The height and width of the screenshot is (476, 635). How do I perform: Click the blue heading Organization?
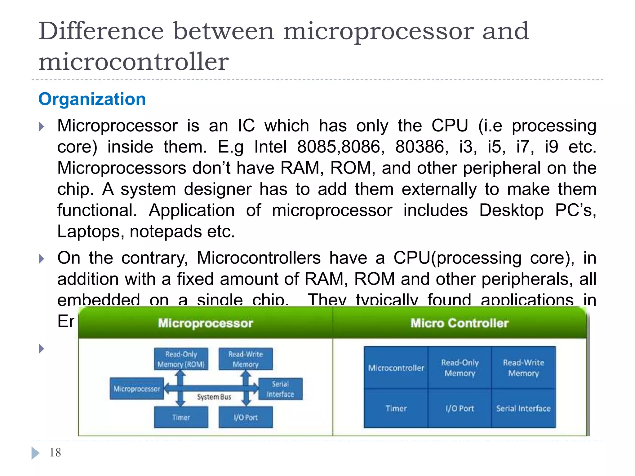point(92,99)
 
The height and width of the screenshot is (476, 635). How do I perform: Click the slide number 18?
point(55,453)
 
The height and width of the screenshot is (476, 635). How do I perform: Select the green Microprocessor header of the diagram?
point(205,323)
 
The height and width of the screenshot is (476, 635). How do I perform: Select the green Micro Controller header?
point(459,323)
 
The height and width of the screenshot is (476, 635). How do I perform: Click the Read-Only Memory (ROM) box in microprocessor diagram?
point(181,359)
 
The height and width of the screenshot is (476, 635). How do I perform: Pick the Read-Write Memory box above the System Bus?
point(246,359)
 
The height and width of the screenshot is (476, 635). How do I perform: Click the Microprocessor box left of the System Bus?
point(136,389)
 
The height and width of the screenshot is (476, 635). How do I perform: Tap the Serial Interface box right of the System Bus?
point(280,389)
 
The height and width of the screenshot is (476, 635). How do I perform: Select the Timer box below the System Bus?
point(181,417)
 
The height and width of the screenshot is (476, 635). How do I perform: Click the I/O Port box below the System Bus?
point(246,417)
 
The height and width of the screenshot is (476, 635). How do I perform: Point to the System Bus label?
point(214,397)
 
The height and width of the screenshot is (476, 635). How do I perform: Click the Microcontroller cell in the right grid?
point(396,368)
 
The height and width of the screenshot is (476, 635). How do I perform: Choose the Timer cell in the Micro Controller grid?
point(396,408)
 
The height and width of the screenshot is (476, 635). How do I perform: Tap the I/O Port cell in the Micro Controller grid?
point(460,408)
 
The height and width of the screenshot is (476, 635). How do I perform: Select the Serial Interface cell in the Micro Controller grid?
point(523,408)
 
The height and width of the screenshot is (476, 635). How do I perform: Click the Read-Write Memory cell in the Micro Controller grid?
point(523,368)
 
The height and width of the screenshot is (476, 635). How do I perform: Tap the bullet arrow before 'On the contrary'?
point(42,259)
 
